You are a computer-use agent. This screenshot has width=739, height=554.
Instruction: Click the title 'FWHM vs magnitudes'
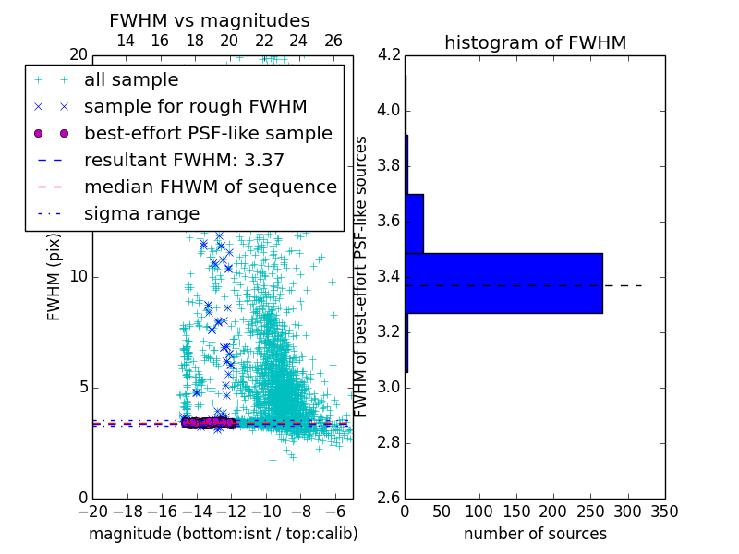click(210, 20)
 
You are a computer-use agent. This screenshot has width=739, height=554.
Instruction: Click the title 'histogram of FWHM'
click(535, 42)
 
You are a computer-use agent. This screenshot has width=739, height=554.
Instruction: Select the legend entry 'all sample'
click(131, 80)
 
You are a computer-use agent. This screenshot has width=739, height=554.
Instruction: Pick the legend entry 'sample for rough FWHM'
click(195, 106)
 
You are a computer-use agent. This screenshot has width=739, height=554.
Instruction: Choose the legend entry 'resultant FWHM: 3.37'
click(184, 160)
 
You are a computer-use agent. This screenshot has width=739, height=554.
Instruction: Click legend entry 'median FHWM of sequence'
click(210, 187)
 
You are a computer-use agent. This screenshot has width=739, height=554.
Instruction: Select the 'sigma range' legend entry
click(141, 213)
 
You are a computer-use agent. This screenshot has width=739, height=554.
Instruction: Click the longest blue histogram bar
click(503, 283)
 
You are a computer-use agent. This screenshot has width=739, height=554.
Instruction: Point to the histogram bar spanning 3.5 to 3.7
click(414, 223)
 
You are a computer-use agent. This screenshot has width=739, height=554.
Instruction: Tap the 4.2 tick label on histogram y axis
click(390, 55)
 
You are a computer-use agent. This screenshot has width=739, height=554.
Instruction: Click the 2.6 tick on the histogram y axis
click(390, 498)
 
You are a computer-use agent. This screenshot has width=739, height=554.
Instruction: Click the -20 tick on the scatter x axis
click(92, 511)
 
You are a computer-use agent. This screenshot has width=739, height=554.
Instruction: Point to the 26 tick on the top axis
click(333, 41)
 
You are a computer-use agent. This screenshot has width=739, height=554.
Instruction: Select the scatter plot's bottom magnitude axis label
click(223, 534)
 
